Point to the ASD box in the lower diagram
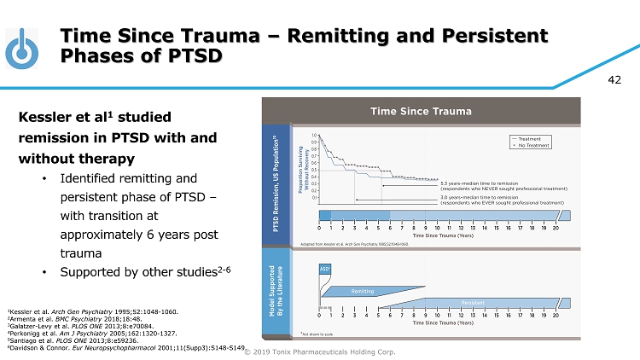pyautogui.click(x=325, y=268)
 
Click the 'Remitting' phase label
pyautogui.click(x=362, y=291)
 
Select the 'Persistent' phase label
pyautogui.click(x=474, y=302)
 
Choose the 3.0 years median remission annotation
pyautogui.click(x=502, y=200)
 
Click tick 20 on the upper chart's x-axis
pyautogui.click(x=556, y=228)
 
